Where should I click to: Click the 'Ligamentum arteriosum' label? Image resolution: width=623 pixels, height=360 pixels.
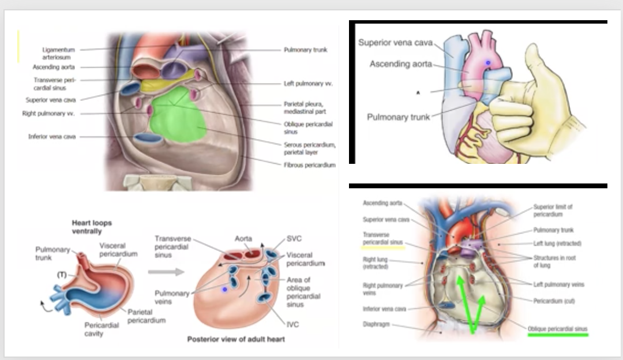tap(58, 53)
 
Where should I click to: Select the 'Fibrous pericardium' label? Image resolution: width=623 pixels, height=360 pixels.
tap(309, 165)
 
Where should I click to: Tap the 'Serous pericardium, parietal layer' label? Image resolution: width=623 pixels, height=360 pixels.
tap(309, 148)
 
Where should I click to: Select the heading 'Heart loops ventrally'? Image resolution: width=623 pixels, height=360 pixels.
tap(91, 227)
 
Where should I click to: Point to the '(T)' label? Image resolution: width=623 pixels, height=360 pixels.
tap(61, 274)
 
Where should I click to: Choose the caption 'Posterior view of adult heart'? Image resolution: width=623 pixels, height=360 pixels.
tap(235, 339)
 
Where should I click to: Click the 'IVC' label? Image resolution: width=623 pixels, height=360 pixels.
tap(293, 324)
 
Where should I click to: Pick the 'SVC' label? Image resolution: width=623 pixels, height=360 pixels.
tap(294, 239)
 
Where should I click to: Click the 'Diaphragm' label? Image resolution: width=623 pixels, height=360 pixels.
tap(376, 324)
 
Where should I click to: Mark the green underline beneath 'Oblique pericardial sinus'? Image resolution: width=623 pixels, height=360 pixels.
tap(557, 334)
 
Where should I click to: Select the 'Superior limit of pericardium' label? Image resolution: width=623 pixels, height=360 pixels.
tap(553, 210)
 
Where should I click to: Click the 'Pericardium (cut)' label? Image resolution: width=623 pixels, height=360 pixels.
tap(554, 301)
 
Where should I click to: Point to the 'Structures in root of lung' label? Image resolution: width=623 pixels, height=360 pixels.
tap(554, 261)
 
